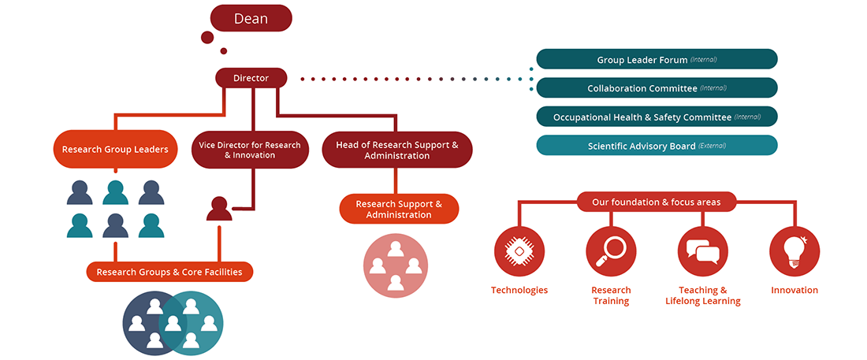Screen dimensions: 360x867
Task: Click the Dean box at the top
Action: pos(251,18)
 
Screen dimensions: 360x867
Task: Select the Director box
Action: pos(251,78)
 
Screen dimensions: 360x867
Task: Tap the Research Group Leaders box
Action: pos(115,149)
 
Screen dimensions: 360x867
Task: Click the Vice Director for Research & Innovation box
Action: pos(250,150)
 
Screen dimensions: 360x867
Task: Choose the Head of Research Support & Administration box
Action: pos(396,150)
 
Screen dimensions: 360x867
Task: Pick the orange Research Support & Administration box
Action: pos(399,209)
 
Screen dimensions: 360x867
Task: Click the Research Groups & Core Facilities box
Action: pos(169,272)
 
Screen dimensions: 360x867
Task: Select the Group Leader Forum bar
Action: pos(657,59)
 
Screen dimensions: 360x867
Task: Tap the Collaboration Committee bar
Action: pos(657,88)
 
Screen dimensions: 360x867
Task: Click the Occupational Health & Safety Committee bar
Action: pos(657,117)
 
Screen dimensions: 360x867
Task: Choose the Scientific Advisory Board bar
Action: pos(657,146)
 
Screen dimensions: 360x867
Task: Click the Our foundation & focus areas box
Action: pos(656,202)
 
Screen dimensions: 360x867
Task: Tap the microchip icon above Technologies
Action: pos(519,251)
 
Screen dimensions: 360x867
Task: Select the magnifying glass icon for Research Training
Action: pos(611,251)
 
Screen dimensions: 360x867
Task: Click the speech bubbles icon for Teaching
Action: pos(702,251)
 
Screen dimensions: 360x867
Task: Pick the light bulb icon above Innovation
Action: pos(794,251)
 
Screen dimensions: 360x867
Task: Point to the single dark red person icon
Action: pos(219,209)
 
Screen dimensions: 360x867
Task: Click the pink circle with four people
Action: pos(395,265)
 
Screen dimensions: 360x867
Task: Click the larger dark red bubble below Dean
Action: pos(207,37)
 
